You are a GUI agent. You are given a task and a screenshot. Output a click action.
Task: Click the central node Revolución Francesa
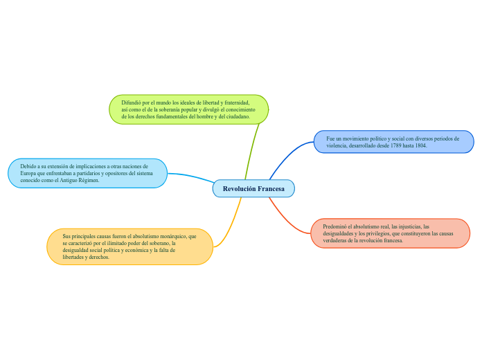click(253, 188)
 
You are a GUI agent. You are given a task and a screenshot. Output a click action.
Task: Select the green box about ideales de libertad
click(188, 109)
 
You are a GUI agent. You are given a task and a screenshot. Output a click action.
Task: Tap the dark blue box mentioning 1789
click(393, 142)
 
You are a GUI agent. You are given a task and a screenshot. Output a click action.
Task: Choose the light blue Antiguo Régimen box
click(87, 173)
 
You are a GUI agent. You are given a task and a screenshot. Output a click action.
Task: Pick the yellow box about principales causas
click(130, 246)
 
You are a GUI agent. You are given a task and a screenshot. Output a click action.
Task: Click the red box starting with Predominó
click(391, 233)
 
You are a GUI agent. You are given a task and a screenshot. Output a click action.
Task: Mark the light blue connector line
click(190, 177)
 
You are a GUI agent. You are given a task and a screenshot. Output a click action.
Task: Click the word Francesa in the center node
click(271, 188)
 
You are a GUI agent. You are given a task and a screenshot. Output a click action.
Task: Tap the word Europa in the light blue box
click(28, 173)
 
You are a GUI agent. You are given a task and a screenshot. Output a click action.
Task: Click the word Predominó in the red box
click(337, 226)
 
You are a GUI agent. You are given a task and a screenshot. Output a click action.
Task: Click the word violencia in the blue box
click(339, 145)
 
